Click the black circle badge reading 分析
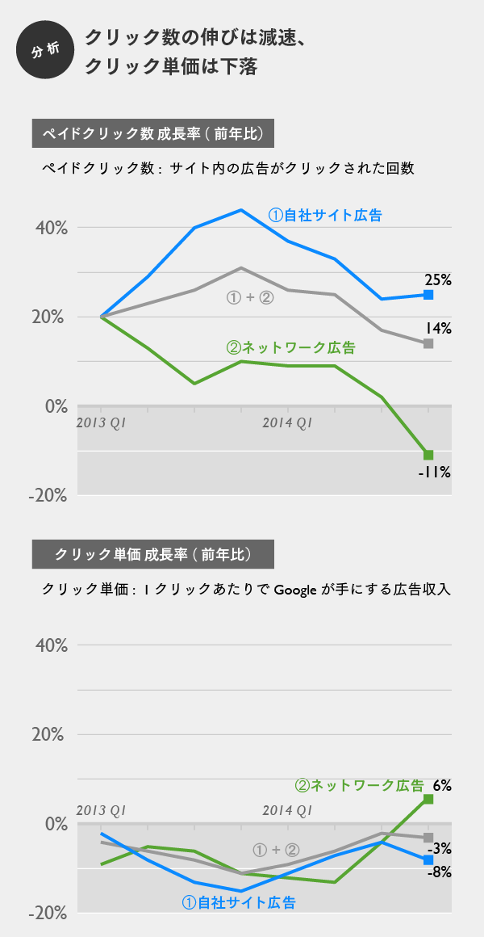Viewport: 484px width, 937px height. coord(45,50)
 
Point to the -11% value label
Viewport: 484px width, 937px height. coord(434,472)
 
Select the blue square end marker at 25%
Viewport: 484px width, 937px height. coord(428,295)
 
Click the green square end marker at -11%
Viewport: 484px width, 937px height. coord(428,455)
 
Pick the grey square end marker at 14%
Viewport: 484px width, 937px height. coord(428,343)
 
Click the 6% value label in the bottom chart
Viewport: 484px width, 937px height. coord(442,784)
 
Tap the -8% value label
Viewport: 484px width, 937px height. coord(439,872)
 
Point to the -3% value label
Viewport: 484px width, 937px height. coord(439,848)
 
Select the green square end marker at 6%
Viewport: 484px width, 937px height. coord(428,799)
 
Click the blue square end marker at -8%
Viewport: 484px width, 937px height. coord(428,860)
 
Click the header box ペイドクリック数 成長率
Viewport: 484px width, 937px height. coord(152,132)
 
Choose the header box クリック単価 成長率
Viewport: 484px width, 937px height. coord(152,554)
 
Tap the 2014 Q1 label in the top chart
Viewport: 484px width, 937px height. coord(287,422)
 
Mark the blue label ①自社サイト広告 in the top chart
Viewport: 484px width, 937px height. coord(325,216)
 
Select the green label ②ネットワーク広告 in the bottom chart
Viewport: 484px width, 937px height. coord(360,784)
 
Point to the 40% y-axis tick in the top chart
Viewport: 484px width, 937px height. coord(50,228)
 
